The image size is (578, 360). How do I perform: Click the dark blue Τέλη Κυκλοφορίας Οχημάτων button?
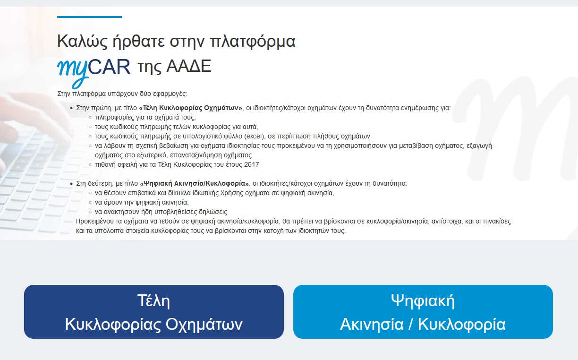[154, 312]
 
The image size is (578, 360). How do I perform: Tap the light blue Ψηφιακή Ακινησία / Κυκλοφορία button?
[423, 312]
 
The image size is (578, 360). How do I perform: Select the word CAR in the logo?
[109, 67]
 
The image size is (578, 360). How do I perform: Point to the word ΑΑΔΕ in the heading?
[189, 66]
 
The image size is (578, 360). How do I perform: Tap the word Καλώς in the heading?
[82, 41]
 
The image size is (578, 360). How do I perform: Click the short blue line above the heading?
[89, 17]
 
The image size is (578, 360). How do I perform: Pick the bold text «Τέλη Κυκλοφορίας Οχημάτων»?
[191, 108]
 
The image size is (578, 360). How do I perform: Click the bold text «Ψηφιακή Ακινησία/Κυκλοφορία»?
[194, 183]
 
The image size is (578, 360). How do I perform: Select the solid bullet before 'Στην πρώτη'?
[71, 108]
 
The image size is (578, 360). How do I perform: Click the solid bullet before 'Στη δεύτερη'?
[71, 184]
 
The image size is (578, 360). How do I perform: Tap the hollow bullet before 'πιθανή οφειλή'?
[90, 165]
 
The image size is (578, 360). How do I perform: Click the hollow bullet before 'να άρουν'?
[90, 203]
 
